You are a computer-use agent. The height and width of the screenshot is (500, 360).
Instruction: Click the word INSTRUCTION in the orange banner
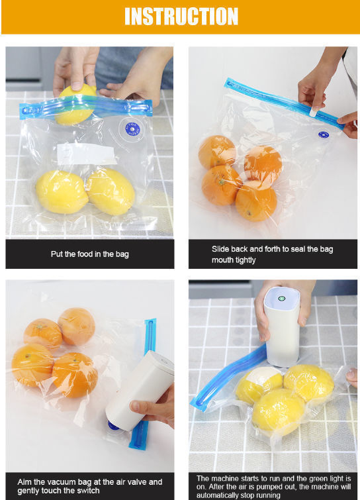tap(181, 17)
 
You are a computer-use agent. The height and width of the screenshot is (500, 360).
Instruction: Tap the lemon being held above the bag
tap(75, 105)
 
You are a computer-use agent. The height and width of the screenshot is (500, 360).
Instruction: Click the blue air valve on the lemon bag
tap(132, 129)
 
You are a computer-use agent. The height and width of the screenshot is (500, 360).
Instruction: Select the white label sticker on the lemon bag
tap(86, 154)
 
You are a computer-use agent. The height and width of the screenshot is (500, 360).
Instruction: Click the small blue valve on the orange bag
tap(324, 134)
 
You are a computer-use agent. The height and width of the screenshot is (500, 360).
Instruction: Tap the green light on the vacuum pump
tap(281, 299)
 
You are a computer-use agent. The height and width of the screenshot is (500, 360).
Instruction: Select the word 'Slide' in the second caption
tap(220, 249)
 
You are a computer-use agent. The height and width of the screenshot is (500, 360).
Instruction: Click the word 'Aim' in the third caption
tap(24, 482)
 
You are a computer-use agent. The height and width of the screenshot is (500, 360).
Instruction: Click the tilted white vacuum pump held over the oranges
tap(140, 391)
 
